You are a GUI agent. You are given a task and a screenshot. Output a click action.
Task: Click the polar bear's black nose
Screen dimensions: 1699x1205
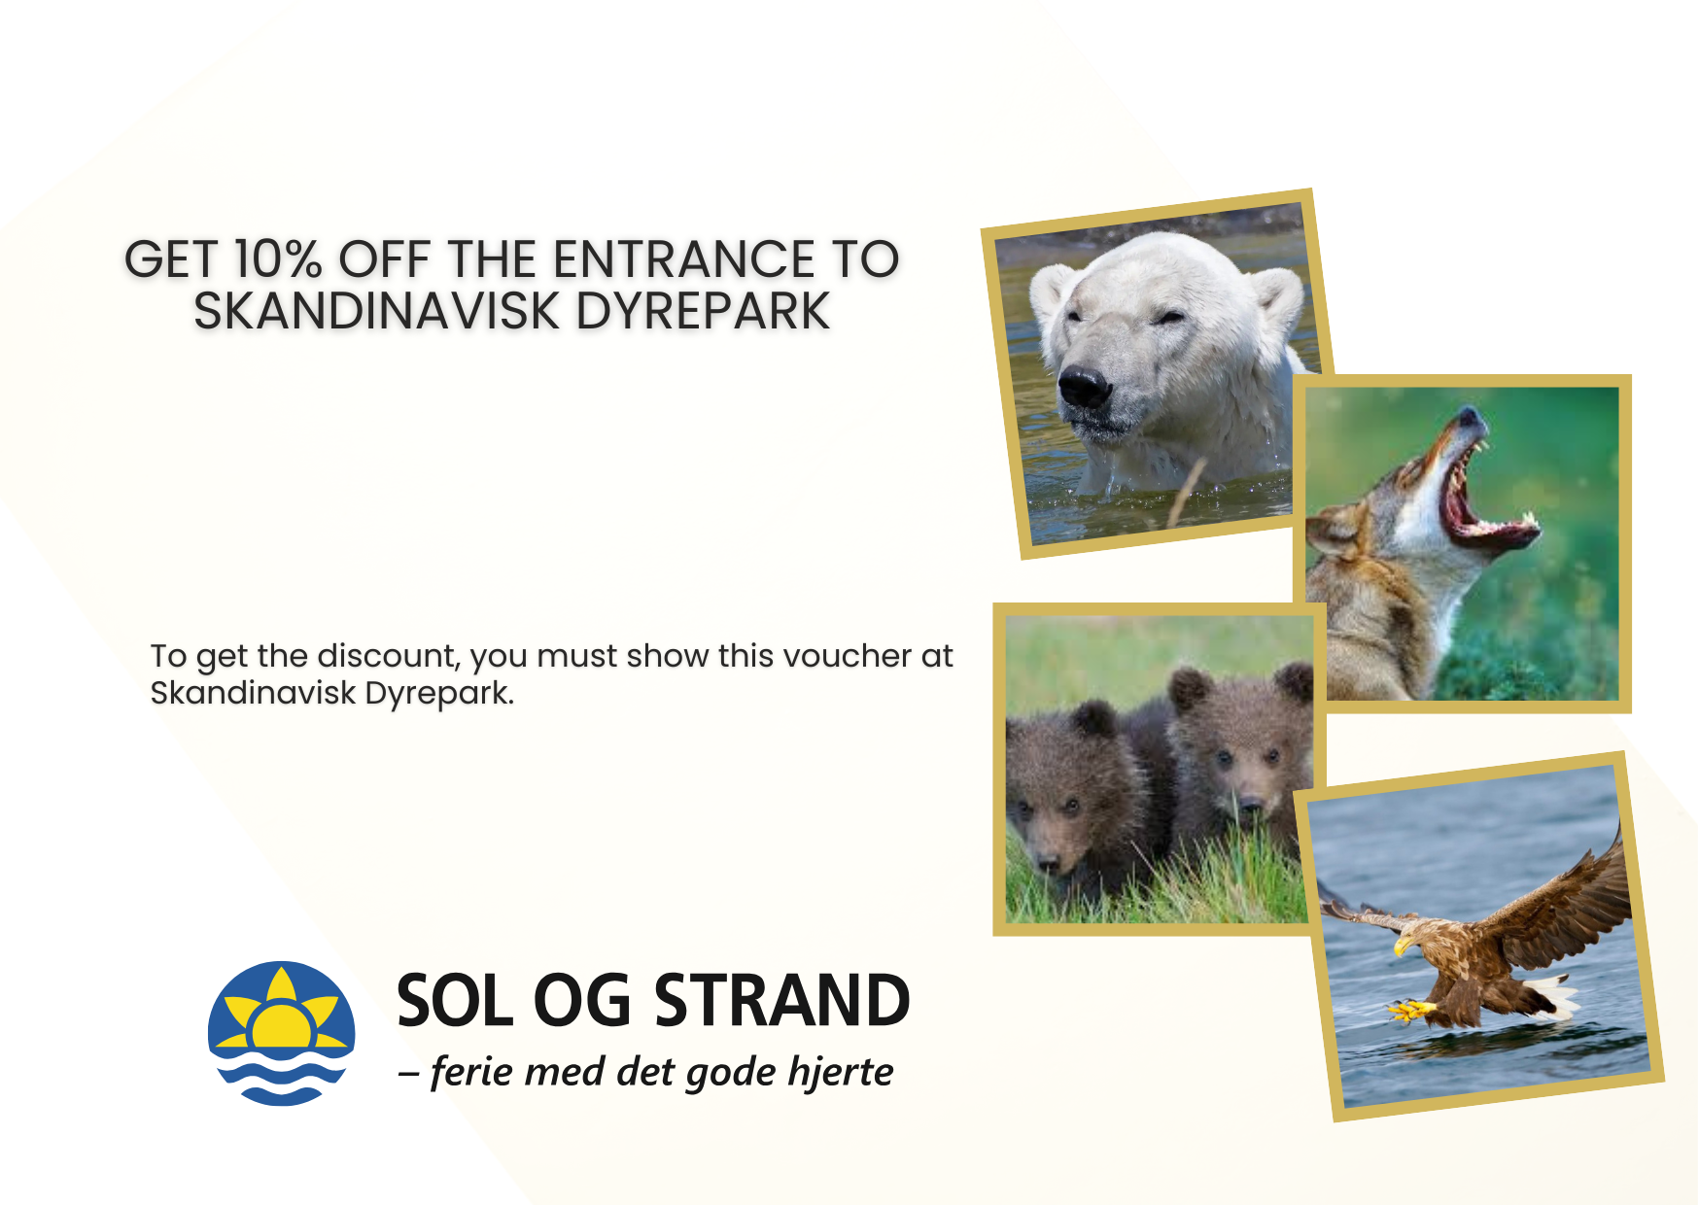click(x=1084, y=387)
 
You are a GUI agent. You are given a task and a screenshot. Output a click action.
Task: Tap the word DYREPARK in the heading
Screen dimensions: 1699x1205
click(x=703, y=311)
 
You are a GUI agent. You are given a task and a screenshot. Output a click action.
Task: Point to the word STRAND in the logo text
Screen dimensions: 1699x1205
click(x=781, y=1001)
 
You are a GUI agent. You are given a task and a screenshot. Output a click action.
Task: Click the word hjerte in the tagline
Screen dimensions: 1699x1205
click(x=841, y=1073)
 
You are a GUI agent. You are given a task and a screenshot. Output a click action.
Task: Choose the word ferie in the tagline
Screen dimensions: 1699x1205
click(x=470, y=1071)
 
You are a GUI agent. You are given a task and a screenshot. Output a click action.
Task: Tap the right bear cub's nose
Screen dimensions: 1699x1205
click(x=1251, y=805)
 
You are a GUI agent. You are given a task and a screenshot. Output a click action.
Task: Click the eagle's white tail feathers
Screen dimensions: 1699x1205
click(x=1552, y=997)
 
